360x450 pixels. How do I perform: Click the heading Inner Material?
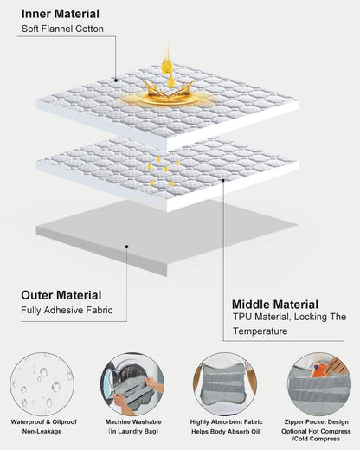61,14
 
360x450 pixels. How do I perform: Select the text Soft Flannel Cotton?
62,29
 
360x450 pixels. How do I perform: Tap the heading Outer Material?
61,295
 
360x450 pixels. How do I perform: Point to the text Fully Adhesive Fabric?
67,311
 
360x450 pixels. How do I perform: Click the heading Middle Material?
275,305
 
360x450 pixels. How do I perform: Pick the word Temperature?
260,331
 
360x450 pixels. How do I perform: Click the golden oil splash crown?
168,93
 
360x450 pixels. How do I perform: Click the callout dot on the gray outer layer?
126,247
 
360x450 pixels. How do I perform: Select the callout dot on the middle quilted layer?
223,180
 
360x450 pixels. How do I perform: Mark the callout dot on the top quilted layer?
116,80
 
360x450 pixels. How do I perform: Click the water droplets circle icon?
42,384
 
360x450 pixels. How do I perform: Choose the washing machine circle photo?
132,384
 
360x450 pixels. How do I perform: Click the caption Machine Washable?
133,422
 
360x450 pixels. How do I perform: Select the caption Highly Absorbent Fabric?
226,422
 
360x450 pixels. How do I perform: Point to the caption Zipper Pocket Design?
317,422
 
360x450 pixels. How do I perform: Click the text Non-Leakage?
42,432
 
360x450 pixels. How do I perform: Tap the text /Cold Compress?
316,439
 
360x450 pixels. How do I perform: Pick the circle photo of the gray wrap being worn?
225,384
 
